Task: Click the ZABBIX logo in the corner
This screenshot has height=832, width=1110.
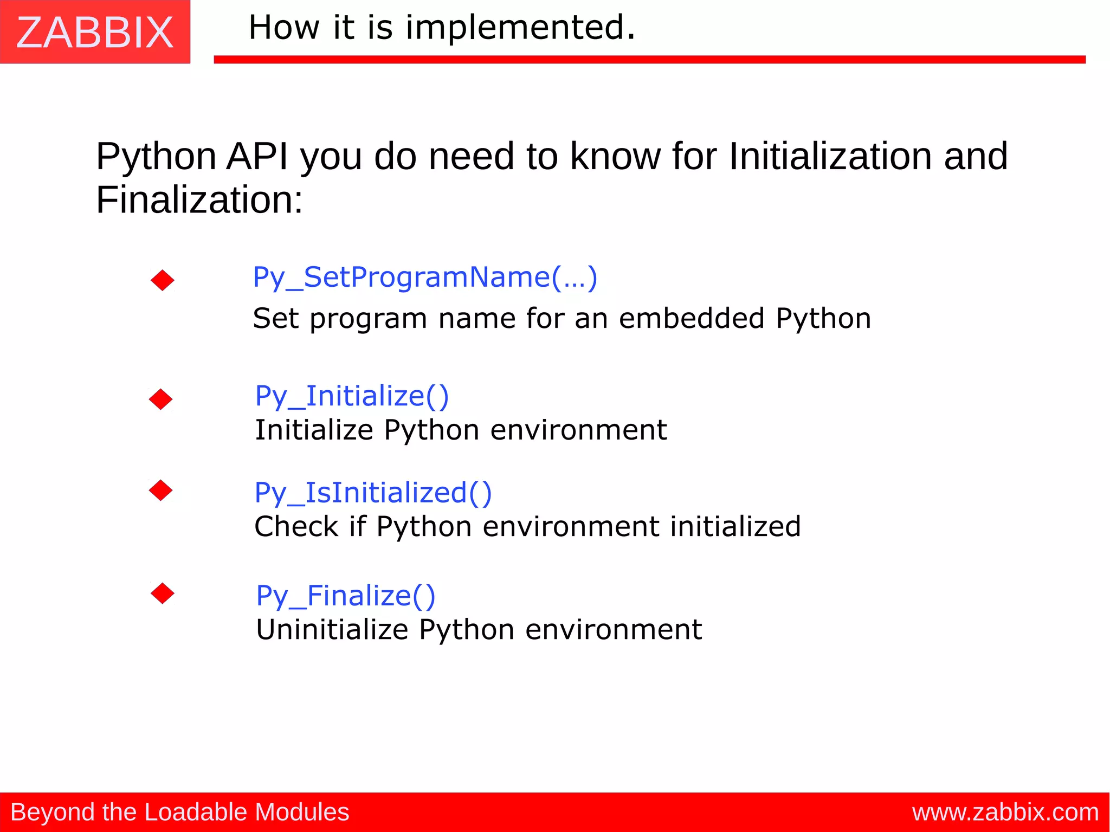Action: tap(95, 32)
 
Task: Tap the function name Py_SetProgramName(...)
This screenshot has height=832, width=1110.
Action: tap(425, 278)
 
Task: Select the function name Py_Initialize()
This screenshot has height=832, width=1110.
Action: tap(352, 396)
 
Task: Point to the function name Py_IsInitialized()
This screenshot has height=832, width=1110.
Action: tap(373, 493)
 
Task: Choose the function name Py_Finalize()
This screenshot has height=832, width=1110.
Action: tap(346, 596)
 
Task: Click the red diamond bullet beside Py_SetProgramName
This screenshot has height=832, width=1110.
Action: tap(163, 280)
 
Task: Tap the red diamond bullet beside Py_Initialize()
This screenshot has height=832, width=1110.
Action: tap(161, 399)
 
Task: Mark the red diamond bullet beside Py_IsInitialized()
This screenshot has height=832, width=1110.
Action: tap(161, 491)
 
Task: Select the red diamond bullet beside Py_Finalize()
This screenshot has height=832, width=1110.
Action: tap(163, 594)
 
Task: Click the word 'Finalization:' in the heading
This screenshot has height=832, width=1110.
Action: tap(199, 200)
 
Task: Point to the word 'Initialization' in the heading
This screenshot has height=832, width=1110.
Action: tap(830, 157)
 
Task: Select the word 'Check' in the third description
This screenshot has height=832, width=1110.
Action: tap(296, 527)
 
